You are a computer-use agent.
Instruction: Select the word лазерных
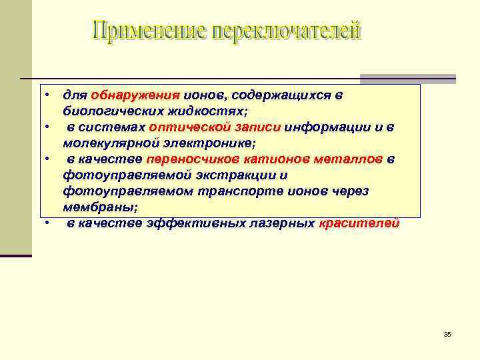pos(282,223)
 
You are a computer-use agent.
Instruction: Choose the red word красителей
pos(359,223)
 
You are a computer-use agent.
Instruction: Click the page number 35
pos(447,334)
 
